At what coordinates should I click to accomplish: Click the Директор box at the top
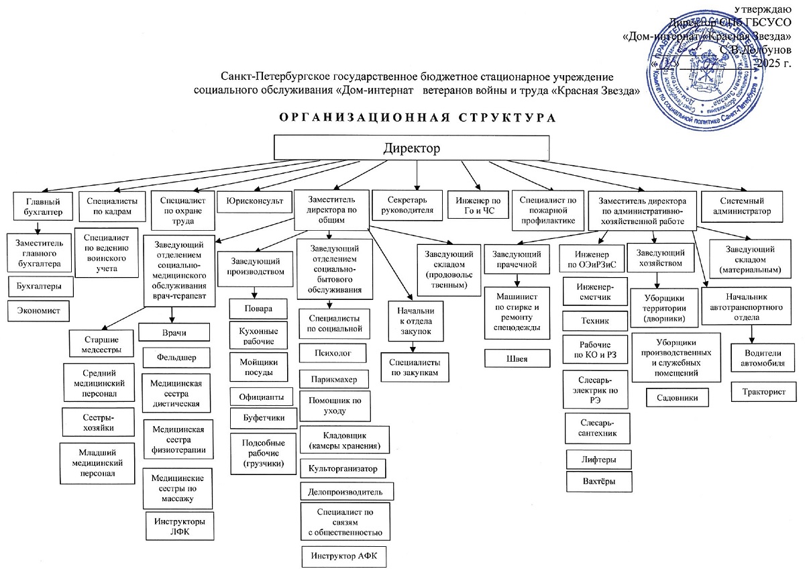[x=412, y=147]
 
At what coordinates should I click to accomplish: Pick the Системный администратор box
[x=742, y=205]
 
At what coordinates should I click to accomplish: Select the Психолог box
[x=333, y=352]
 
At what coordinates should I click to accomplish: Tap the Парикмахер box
[x=333, y=379]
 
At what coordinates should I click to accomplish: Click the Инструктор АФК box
[x=343, y=556]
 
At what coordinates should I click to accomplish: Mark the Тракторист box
[x=763, y=390]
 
